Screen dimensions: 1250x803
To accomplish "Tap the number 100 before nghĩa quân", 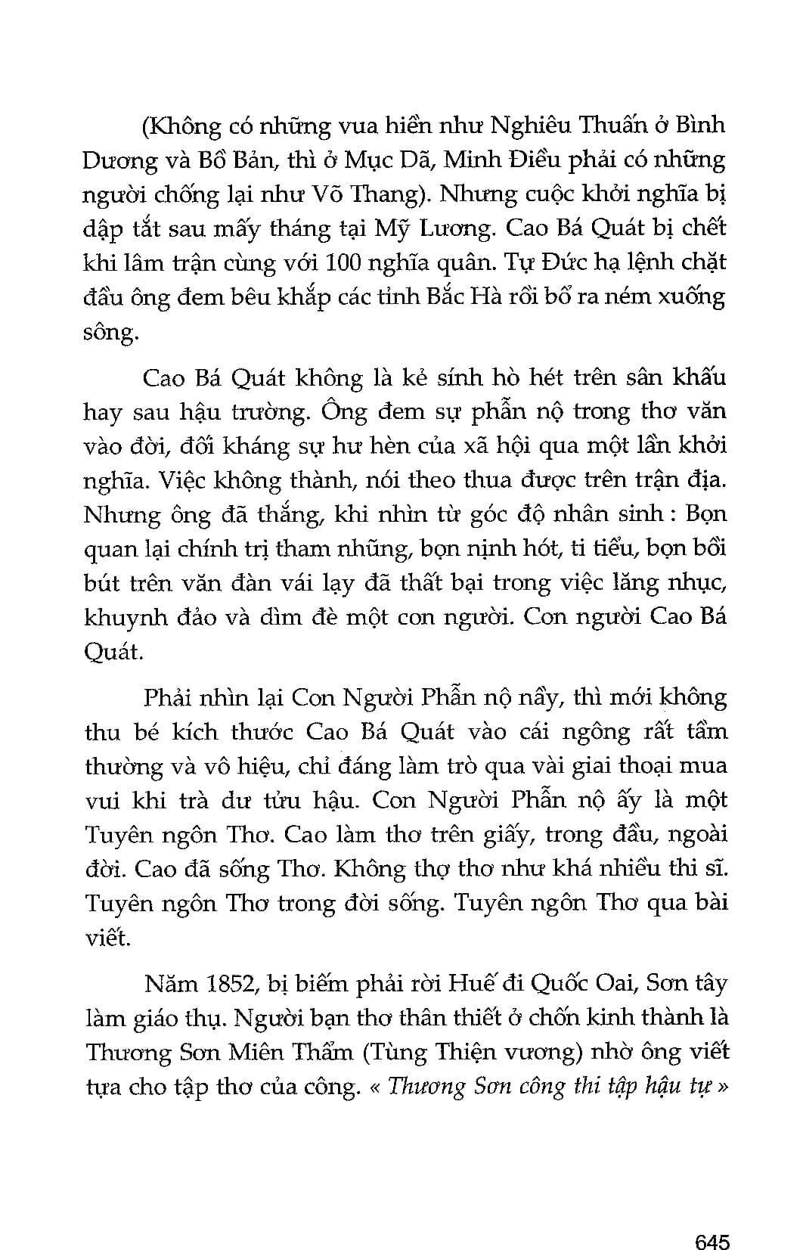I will click(x=346, y=262).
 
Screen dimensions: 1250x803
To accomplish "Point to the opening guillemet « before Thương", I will click(x=374, y=1087).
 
